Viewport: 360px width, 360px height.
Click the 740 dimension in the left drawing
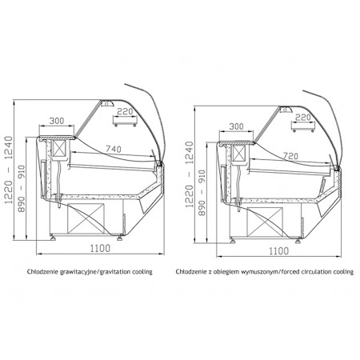point(114,149)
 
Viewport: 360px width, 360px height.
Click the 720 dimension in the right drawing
point(290,156)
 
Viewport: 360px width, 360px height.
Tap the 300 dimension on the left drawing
point(57,121)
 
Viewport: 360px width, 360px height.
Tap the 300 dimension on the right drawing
point(236,126)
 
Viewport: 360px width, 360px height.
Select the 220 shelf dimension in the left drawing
point(125,111)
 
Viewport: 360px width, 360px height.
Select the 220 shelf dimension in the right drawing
point(303,118)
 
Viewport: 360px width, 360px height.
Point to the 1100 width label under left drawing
point(100,248)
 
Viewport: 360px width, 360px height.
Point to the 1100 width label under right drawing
point(278,251)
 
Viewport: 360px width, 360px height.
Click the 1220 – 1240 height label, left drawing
point(9,170)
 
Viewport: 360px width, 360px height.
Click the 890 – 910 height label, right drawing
point(202,193)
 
